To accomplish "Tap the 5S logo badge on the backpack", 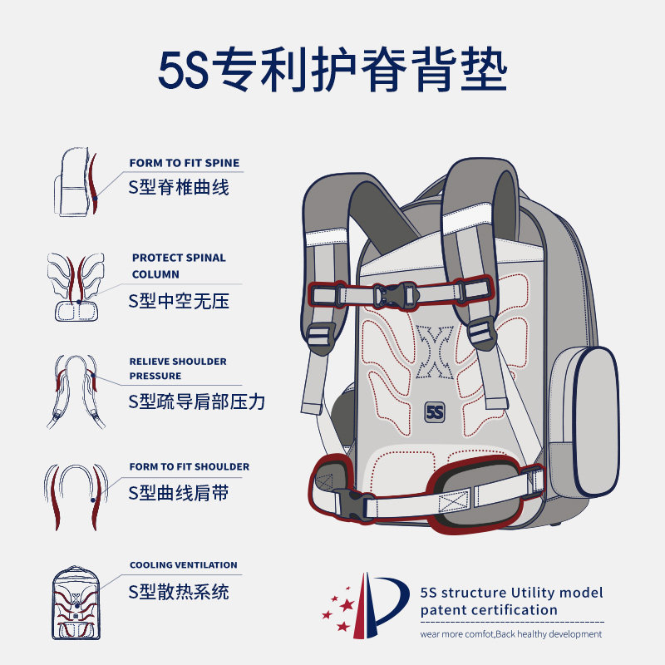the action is pyautogui.click(x=434, y=411).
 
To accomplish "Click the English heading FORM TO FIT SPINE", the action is pyautogui.click(x=185, y=164).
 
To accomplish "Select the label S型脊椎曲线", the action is pyautogui.click(x=178, y=187).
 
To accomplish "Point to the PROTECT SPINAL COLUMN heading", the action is pyautogui.click(x=178, y=265).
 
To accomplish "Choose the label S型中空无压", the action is pyautogui.click(x=178, y=301).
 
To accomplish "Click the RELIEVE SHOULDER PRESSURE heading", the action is pyautogui.click(x=178, y=368).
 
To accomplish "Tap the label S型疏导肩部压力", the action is pyautogui.click(x=196, y=402).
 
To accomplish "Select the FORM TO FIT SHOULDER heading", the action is pyautogui.click(x=189, y=467).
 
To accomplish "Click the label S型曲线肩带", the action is pyautogui.click(x=178, y=493).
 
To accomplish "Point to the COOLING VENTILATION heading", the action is pyautogui.click(x=183, y=565).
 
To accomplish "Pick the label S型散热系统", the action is pyautogui.click(x=178, y=592).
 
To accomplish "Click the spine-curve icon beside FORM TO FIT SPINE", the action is pyautogui.click(x=76, y=183).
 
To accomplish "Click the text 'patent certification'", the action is pyautogui.click(x=489, y=610).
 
